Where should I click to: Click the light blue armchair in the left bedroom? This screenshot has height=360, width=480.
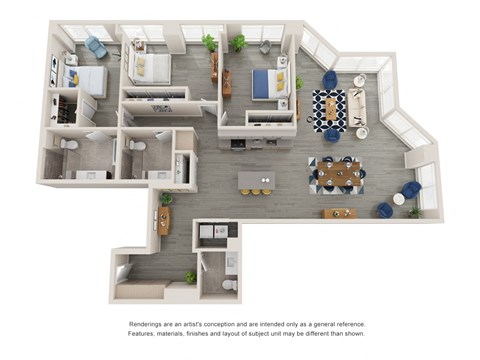[x=97, y=47]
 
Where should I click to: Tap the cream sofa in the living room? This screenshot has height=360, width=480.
[x=358, y=111]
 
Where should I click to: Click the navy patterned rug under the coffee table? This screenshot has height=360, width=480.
[x=330, y=111]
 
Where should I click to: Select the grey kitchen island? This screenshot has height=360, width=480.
[x=257, y=181]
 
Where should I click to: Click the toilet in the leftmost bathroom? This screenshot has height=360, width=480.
[x=67, y=145]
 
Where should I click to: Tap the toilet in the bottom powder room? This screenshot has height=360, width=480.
[x=229, y=284]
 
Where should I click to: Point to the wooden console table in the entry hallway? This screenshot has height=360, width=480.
[x=163, y=220]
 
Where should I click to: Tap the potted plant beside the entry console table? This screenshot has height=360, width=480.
[x=166, y=199]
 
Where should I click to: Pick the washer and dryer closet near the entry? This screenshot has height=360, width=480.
[x=214, y=234]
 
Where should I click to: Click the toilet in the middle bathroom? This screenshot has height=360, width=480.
[x=137, y=147]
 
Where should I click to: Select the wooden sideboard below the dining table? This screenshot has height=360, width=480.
[x=340, y=213]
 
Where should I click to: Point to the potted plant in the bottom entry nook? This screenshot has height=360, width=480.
[x=189, y=276]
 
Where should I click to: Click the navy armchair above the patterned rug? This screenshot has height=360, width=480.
[x=330, y=79]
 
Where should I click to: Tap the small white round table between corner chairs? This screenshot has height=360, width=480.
[x=398, y=199]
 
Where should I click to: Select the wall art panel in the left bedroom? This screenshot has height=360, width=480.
[x=55, y=73]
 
